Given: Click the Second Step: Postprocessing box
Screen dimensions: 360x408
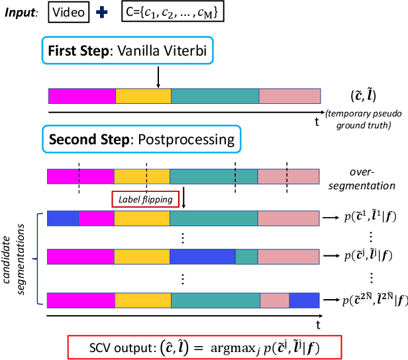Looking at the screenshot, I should pyautogui.click(x=142, y=140).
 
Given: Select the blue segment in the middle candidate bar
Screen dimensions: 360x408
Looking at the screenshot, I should pyautogui.click(x=203, y=255).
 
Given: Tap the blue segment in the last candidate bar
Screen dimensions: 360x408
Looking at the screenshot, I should pyautogui.click(x=304, y=283).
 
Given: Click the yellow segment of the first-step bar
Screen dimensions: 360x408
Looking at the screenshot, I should pyautogui.click(x=143, y=97).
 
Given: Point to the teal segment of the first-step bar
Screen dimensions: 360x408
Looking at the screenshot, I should pyautogui.click(x=215, y=97).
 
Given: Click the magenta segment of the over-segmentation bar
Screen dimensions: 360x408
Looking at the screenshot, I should pyautogui.click(x=80, y=176).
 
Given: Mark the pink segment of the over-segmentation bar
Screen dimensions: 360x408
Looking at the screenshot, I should pyautogui.click(x=288, y=176).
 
